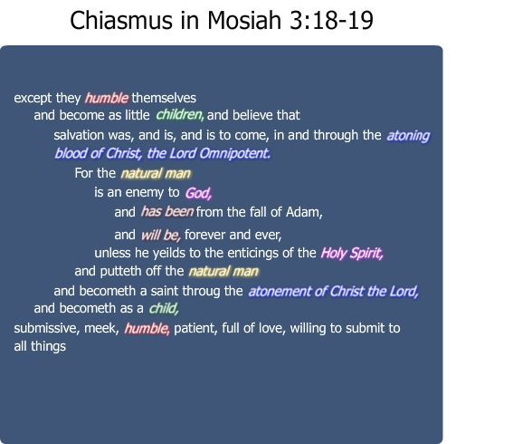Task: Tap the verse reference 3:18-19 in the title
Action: tap(330, 20)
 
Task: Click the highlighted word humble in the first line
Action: tap(107, 98)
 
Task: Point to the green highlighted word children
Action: tap(179, 115)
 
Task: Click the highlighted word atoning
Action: tap(408, 136)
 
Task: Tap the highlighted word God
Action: tap(198, 193)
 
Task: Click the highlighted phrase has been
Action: tap(166, 213)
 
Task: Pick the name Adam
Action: tap(303, 213)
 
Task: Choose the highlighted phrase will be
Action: tap(160, 234)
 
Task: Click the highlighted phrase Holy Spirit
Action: tap(352, 254)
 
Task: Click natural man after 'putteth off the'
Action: tap(223, 271)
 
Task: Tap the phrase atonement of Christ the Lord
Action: tap(333, 292)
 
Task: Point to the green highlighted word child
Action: tap(164, 309)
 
